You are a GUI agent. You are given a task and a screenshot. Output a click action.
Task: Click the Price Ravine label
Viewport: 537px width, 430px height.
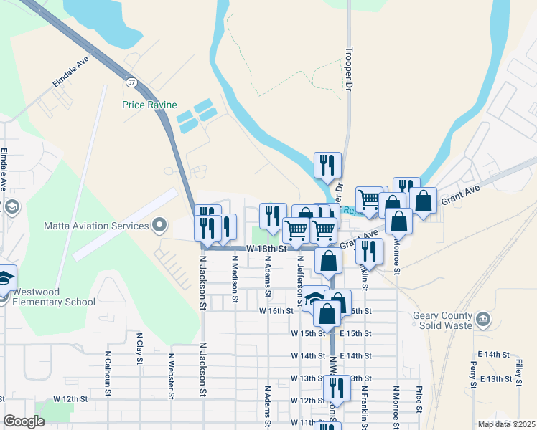coord(149,105)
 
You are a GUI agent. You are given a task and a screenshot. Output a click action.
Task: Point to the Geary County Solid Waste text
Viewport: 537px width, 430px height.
coord(443,320)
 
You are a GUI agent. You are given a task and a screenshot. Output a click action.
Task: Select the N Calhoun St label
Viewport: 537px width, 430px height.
coord(108,373)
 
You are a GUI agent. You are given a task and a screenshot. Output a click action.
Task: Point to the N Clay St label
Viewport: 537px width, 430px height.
coord(139,349)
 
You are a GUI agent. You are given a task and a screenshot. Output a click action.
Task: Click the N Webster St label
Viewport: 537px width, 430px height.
coord(172,375)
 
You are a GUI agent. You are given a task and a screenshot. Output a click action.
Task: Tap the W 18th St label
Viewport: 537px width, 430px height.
coord(266,248)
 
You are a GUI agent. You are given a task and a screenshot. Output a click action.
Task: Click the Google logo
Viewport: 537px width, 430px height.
coord(24,421)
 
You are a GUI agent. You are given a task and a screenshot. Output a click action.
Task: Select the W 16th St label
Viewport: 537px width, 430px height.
coord(276,311)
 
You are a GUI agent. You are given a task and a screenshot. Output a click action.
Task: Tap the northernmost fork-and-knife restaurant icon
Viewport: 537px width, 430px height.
coord(327,166)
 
